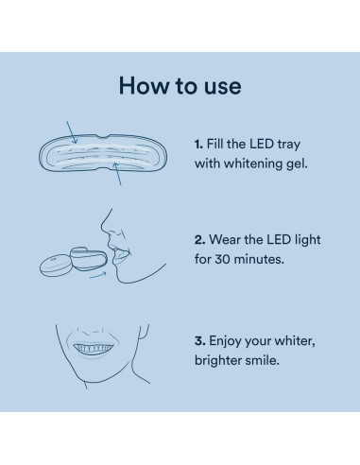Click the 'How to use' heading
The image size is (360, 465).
coord(180,86)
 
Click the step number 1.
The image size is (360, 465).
coord(197,145)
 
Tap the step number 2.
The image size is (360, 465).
coord(198,240)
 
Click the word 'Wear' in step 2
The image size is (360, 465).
coord(227,240)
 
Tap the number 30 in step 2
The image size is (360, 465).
coord(225,258)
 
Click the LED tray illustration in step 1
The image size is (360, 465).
coord(105,154)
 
